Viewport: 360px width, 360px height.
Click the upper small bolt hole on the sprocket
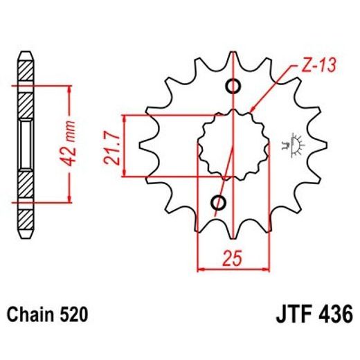pyautogui.click(x=233, y=87)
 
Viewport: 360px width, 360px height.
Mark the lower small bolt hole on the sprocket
pyautogui.click(x=219, y=203)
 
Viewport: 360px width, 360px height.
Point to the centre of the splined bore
pyautogui.click(x=233, y=145)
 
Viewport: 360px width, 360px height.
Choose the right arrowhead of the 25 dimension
pyautogui.click(x=265, y=266)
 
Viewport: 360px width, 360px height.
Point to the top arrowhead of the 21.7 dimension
pyautogui.click(x=124, y=118)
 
